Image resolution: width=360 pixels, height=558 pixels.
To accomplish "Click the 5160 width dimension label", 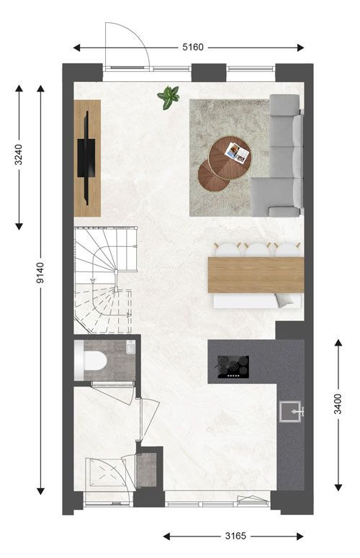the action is coord(193,47).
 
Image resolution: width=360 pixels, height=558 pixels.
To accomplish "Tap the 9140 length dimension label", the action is coord(40,273).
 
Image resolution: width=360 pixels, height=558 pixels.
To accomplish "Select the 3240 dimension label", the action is coord(19,155).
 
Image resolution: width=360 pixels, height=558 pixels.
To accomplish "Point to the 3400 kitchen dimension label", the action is coord(338,403).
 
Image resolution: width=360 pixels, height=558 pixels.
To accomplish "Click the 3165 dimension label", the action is coord(235,536).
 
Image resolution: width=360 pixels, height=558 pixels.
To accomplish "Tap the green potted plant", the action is coord(168,96).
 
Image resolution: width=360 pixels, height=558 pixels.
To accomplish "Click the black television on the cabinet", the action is coord(86,158).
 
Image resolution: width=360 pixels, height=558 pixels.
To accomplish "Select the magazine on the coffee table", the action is coord(238,153).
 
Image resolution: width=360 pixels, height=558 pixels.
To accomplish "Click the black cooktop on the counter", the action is coord(233,367).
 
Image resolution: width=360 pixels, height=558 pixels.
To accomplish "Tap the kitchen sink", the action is coord(292,411).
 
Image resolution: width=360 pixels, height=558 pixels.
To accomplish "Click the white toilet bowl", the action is coord(91,361).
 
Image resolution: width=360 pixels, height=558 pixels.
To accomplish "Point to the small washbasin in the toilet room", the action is coord(130,347).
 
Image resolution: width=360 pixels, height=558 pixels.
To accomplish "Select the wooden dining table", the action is coord(256,275).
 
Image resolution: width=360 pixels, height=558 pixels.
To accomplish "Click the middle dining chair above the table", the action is coord(257,250).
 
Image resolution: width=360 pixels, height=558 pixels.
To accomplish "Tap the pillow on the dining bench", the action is coord(287,301).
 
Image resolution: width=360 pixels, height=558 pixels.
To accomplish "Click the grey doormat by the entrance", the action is coord(147,469).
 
